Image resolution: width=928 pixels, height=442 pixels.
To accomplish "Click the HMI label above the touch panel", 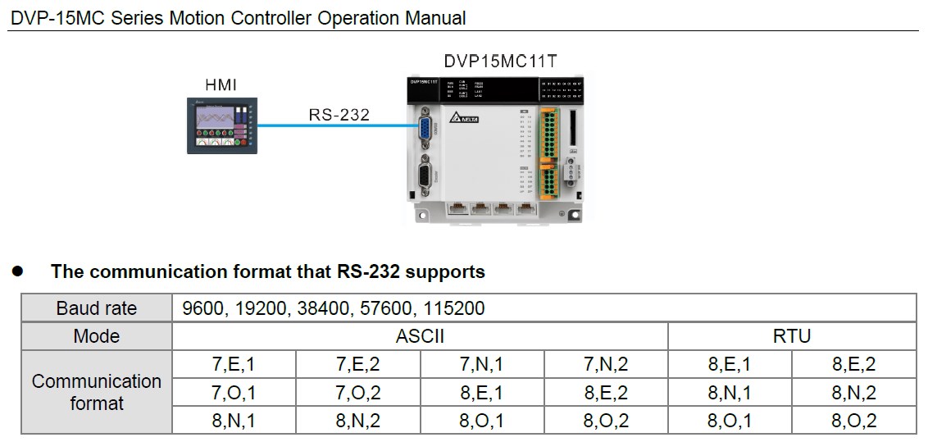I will pyautogui.click(x=221, y=84).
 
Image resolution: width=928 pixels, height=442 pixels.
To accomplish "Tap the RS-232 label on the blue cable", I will pyautogui.click(x=339, y=115).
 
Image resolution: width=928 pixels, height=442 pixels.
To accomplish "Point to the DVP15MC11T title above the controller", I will pyautogui.click(x=501, y=62).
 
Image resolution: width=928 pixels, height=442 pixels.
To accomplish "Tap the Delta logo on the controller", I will pyautogui.click(x=464, y=118).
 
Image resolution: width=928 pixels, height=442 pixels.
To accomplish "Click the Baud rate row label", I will pyautogui.click(x=97, y=308).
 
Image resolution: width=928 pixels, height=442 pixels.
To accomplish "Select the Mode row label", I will pyautogui.click(x=97, y=336).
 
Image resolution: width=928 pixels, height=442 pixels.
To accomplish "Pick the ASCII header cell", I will pyautogui.click(x=420, y=336).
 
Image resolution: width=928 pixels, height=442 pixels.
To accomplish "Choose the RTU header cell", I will pyautogui.click(x=792, y=336).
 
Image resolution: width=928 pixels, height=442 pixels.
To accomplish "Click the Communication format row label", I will pyautogui.click(x=97, y=392).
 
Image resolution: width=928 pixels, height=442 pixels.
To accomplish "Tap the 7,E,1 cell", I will pyautogui.click(x=234, y=365).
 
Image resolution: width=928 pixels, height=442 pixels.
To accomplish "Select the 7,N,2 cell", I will pyautogui.click(x=606, y=365).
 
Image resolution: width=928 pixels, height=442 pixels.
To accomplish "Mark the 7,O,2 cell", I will pyautogui.click(x=358, y=393).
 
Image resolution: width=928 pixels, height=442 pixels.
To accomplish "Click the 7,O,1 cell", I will pyautogui.click(x=234, y=393).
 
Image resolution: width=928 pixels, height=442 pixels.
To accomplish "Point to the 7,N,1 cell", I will pyautogui.click(x=482, y=365).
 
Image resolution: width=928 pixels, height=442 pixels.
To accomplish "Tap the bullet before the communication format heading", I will pyautogui.click(x=16, y=271).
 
